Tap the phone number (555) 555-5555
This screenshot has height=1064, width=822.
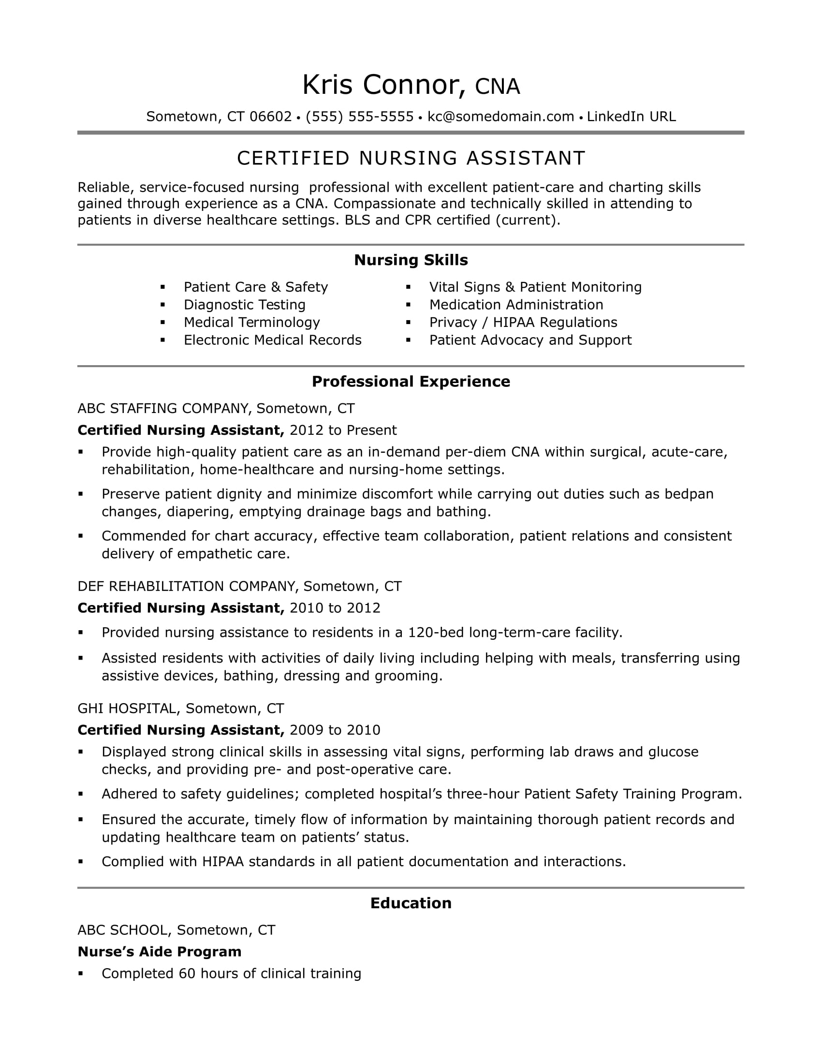click(x=359, y=117)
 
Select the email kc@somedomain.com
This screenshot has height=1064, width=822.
click(x=500, y=117)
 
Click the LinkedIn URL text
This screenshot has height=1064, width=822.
click(x=631, y=117)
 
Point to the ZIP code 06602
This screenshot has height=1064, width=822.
click(x=270, y=117)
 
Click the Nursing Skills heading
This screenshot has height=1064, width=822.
click(x=411, y=260)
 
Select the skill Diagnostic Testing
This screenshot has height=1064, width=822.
click(x=245, y=305)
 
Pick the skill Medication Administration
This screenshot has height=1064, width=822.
click(x=516, y=305)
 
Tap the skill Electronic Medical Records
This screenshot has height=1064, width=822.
click(x=272, y=340)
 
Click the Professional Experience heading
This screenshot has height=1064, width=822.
click(x=411, y=382)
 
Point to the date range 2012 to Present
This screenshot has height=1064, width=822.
click(x=343, y=430)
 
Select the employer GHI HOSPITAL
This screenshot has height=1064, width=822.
click(x=127, y=709)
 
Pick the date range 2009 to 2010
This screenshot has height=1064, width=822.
click(x=335, y=730)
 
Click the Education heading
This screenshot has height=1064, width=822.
click(x=411, y=903)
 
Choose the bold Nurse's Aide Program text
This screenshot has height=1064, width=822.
click(x=160, y=951)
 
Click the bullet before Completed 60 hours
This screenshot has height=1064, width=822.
click(x=81, y=974)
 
